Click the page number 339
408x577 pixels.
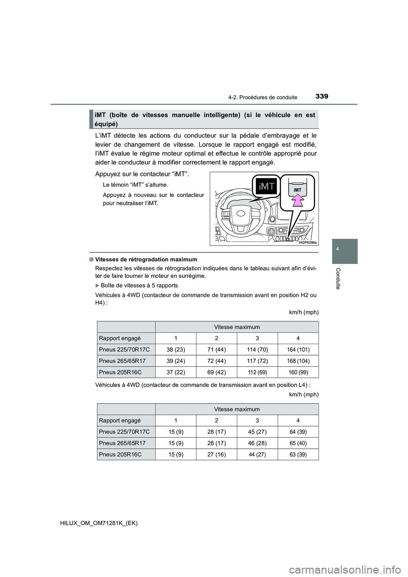pyautogui.click(x=321, y=96)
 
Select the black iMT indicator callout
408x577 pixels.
pyautogui.click(x=266, y=186)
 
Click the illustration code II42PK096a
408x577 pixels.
pyautogui.click(x=307, y=242)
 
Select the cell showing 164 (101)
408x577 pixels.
pyautogui.click(x=298, y=350)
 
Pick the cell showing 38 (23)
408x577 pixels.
pyautogui.click(x=175, y=350)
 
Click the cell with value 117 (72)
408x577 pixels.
pyautogui.click(x=258, y=361)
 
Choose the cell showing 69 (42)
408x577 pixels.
pyautogui.click(x=216, y=372)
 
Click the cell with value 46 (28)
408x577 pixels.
pyautogui.click(x=258, y=443)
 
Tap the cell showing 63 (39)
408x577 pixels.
pyautogui.click(x=298, y=454)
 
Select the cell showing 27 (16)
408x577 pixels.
pyautogui.click(x=216, y=454)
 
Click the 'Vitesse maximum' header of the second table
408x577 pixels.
pyautogui.click(x=237, y=409)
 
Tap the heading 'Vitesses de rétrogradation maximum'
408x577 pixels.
pyautogui.click(x=146, y=259)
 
